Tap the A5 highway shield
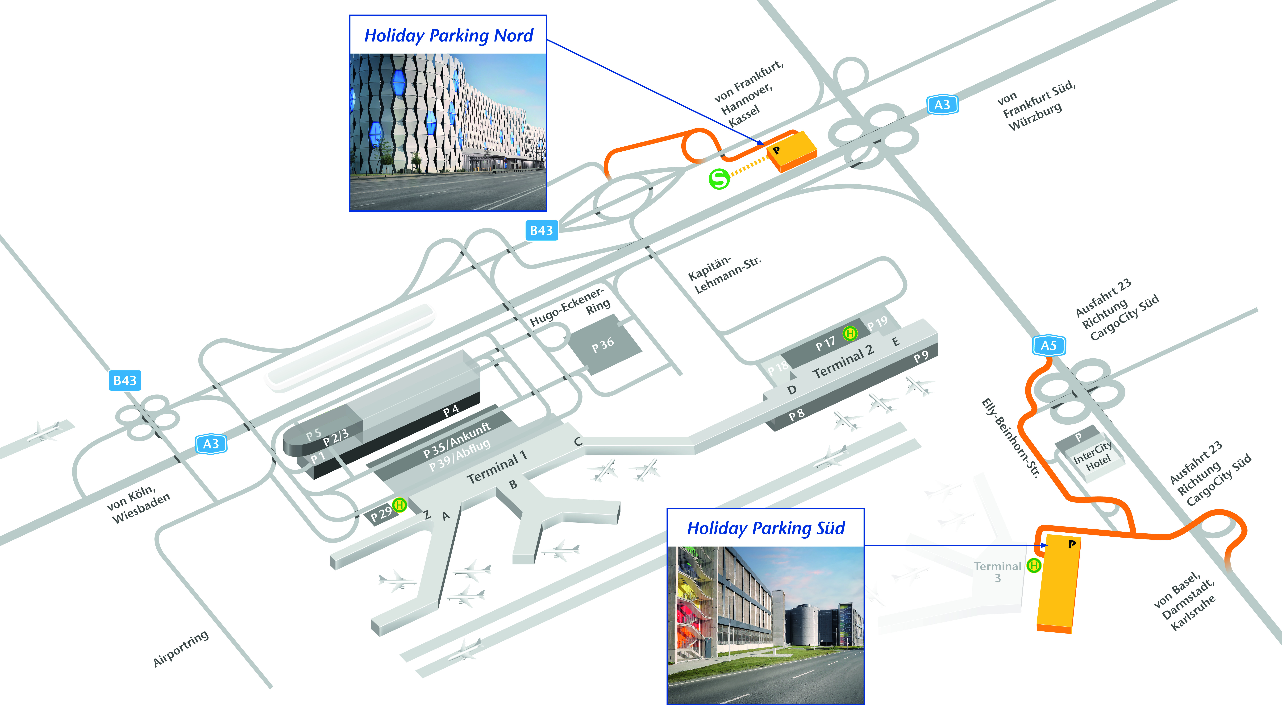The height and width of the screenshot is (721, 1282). [x=1049, y=345]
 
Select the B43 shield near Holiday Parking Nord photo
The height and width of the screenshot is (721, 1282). [x=541, y=230]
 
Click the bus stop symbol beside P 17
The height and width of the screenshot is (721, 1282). [x=850, y=333]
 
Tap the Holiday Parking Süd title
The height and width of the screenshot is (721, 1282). [x=766, y=528]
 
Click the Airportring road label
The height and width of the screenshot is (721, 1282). [x=181, y=648]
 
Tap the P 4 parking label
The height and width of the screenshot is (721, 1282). [x=451, y=410]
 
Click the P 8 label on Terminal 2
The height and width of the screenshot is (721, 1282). [x=796, y=414]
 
